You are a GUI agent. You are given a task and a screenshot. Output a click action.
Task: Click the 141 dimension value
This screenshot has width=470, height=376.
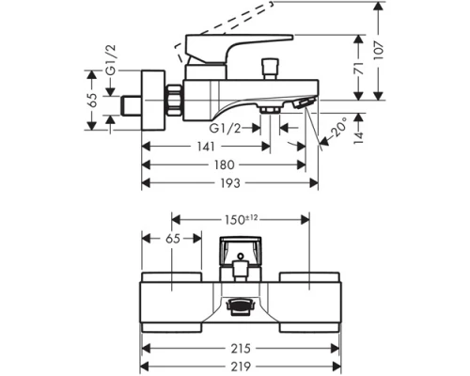click(x=206, y=147)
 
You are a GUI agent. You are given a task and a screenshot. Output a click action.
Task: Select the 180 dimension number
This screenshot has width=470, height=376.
click(x=225, y=164)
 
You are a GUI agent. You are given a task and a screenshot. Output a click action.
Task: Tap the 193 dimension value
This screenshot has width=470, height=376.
click(x=230, y=183)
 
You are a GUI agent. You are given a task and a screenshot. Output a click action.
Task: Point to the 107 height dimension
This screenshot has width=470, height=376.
click(x=379, y=50)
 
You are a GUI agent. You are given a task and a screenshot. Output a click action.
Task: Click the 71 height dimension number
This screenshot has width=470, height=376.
click(x=358, y=69)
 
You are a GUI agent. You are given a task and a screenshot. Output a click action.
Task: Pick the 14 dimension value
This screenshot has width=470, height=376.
click(x=358, y=137)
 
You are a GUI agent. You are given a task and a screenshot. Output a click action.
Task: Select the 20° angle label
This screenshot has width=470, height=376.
click(x=339, y=127)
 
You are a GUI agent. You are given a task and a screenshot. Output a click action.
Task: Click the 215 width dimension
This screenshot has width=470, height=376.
click(x=241, y=348)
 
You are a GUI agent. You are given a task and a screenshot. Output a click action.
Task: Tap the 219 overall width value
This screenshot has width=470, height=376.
click(x=241, y=367)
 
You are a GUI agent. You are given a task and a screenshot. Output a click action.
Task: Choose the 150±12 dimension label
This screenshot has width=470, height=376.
click(x=241, y=219)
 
